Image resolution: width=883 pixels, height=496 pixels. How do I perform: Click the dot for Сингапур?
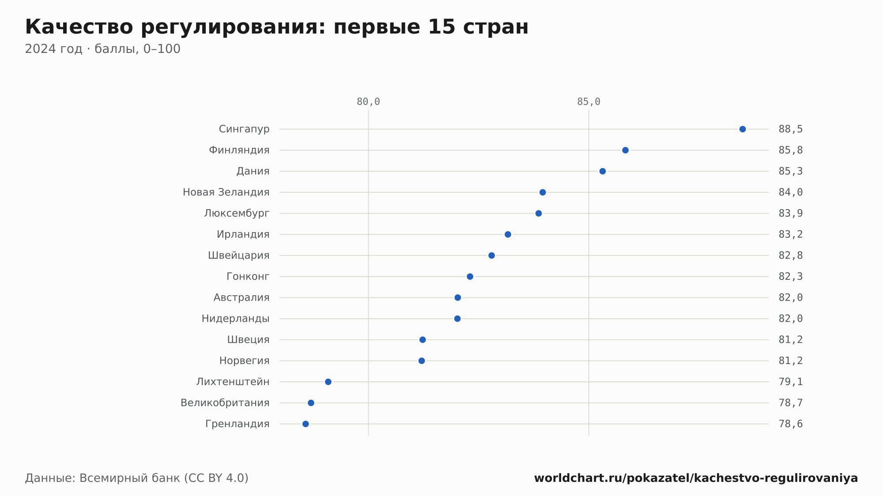[x=743, y=129]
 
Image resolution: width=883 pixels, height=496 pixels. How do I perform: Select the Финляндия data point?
[x=625, y=150]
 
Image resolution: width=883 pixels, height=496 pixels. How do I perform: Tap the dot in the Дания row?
[x=603, y=171]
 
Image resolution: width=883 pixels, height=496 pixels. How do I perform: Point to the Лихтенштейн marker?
[x=328, y=382]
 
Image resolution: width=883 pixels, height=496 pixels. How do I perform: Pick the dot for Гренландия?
[x=306, y=424]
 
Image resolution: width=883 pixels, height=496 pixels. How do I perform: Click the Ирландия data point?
[x=508, y=234]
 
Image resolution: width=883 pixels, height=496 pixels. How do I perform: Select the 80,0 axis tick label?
[x=368, y=102]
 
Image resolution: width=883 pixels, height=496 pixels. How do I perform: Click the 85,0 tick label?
[x=589, y=102]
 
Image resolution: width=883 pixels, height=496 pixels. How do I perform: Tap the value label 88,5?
[x=791, y=129]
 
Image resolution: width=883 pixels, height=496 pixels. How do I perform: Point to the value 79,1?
[x=791, y=382]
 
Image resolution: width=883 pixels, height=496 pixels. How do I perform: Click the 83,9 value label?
[x=791, y=214]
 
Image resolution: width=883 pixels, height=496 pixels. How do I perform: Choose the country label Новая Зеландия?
[x=226, y=192]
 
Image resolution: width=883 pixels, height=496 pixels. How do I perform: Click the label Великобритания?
[x=225, y=403]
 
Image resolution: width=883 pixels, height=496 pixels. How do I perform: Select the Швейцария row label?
[x=239, y=256]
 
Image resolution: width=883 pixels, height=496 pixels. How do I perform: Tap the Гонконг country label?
[x=248, y=277]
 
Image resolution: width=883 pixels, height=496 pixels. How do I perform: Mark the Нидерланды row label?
[x=236, y=319]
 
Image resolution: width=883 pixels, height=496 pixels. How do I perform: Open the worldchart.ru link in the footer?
[x=696, y=478]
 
